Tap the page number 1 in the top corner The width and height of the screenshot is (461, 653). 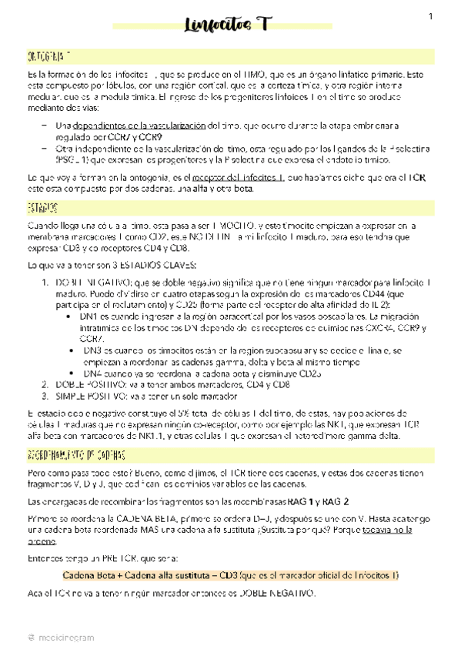(431, 16)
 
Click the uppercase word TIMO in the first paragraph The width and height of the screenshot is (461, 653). (251, 73)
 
